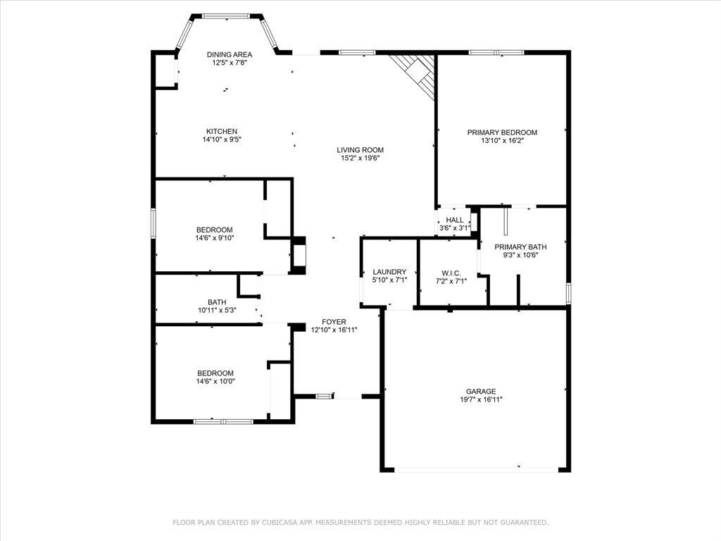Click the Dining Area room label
[230, 54]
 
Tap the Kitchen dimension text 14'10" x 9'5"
[222, 139]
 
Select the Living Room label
[360, 149]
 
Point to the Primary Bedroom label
[502, 132]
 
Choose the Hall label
[455, 220]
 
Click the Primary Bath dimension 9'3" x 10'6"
[520, 255]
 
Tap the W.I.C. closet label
[451, 272]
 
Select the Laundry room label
[389, 272]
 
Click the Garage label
[481, 392]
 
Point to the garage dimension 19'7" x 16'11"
[481, 399]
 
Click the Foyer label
[334, 321]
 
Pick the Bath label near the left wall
[217, 302]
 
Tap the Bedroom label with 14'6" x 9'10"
[214, 230]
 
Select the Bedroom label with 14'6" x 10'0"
[214, 373]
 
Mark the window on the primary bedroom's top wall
[496, 52]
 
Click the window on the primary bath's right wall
[568, 292]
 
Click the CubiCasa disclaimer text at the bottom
[360, 522]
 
